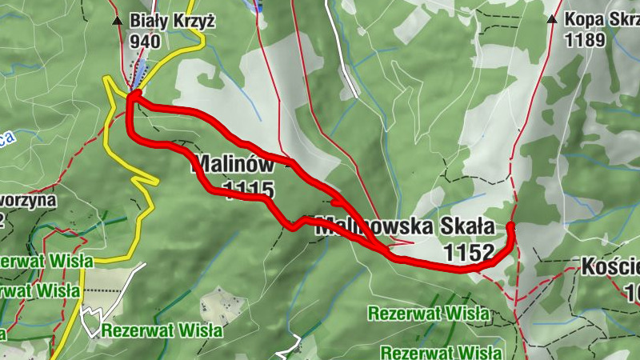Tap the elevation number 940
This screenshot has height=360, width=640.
(x=143, y=42)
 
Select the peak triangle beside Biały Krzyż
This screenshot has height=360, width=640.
(x=118, y=20)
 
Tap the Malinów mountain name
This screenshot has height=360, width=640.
(x=232, y=166)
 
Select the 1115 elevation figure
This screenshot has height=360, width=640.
(x=249, y=190)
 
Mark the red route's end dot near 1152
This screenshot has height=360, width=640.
(x=510, y=227)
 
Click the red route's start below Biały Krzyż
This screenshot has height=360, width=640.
(x=134, y=95)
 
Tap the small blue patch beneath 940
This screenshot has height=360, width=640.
(x=141, y=76)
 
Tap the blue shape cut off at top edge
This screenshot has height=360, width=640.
(x=255, y=4)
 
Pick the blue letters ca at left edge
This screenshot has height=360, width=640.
(x=6, y=139)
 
